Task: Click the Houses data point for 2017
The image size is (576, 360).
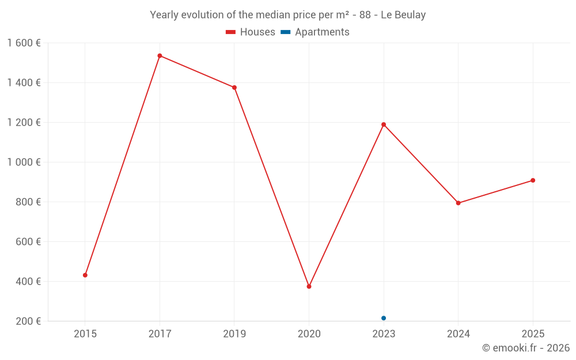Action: point(160,56)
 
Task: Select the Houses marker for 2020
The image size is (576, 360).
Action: point(309,286)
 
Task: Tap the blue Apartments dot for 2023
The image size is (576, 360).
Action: point(384,318)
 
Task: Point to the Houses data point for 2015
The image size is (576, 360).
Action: point(85,275)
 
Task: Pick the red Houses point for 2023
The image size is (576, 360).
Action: point(384,124)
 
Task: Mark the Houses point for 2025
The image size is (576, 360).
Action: point(533,180)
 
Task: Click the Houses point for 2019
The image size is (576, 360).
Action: point(234,88)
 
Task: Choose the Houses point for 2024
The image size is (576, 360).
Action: point(458,203)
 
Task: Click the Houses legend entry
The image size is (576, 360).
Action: point(251,32)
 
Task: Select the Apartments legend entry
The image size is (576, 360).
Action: point(315,32)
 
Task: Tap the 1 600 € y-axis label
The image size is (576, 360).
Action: point(24,43)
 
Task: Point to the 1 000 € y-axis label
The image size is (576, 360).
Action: point(24,162)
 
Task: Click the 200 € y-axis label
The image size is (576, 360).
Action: point(28,321)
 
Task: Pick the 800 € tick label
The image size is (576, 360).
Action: point(28,202)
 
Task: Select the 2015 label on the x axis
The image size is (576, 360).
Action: point(85,334)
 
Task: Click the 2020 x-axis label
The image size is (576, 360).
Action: point(309,334)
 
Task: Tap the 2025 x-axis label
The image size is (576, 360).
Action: point(533,334)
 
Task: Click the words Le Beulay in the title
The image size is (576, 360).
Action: point(403,15)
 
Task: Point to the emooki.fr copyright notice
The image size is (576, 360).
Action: point(526,347)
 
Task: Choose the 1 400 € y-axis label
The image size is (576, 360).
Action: point(24,82)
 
